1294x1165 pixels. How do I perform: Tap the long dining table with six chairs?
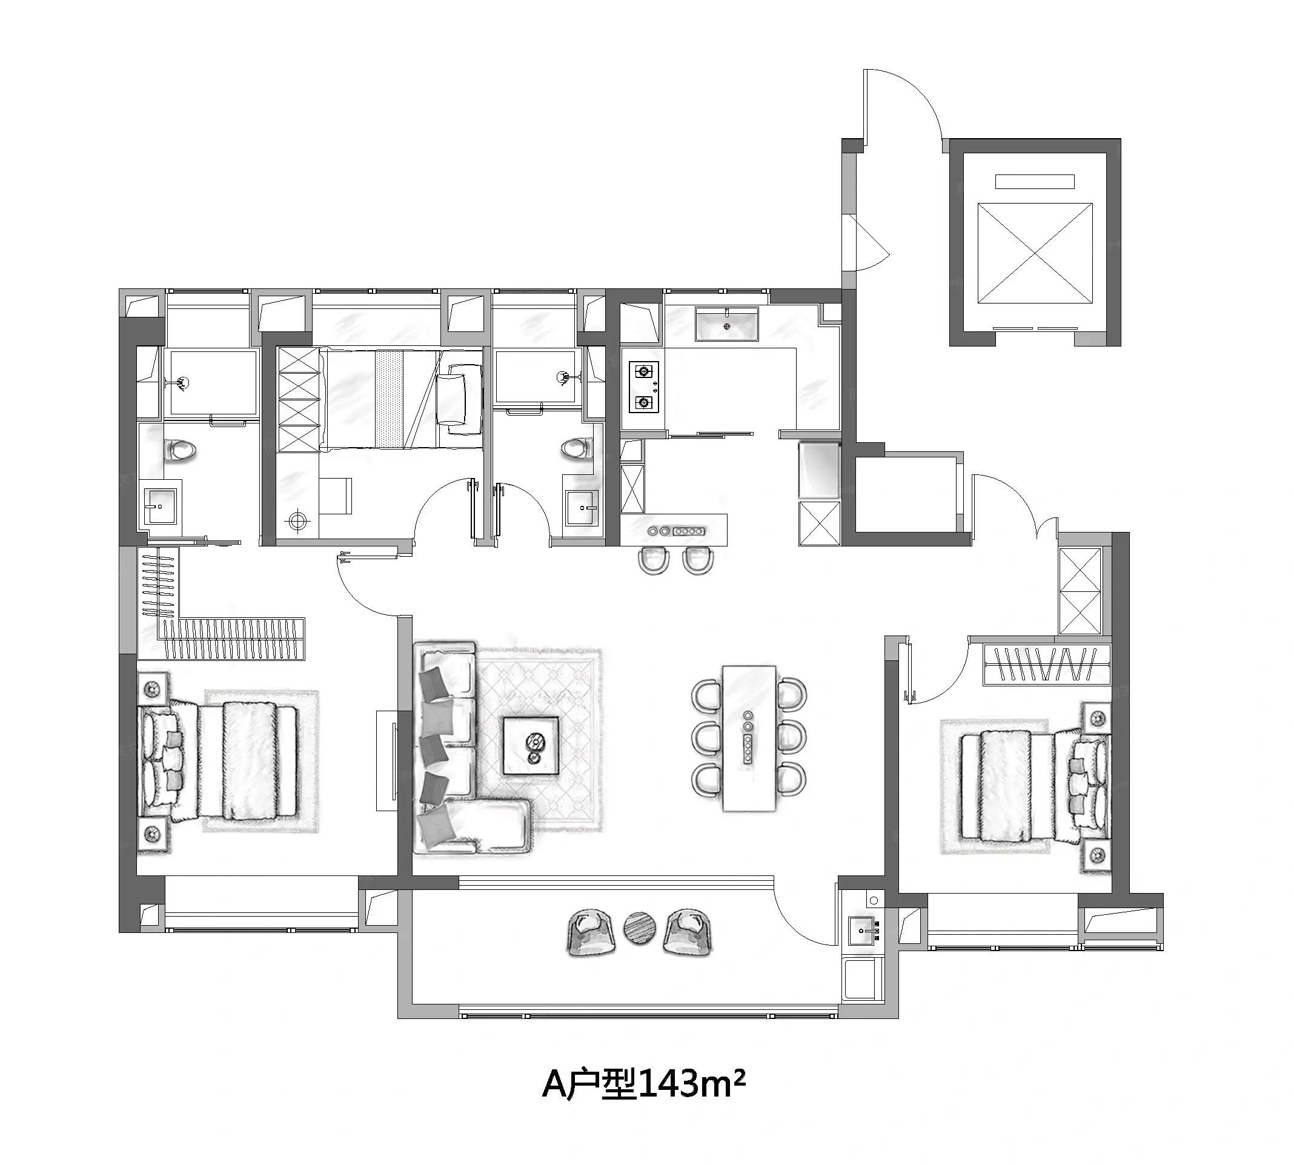coord(749,738)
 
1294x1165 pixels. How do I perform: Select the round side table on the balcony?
coord(639,928)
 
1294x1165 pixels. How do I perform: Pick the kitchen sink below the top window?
coord(727,324)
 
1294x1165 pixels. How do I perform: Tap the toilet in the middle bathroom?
coord(577,448)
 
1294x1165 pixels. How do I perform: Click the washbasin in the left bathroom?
coord(160,506)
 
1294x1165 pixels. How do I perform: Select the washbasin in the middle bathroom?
coord(582,509)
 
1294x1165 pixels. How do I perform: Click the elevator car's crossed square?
coord(1035,253)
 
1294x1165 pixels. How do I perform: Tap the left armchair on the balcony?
coord(589,932)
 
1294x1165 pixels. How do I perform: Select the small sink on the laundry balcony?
coord(863,929)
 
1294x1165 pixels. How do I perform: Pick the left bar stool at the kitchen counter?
coord(654,560)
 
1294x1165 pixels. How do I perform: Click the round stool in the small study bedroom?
coord(296,520)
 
